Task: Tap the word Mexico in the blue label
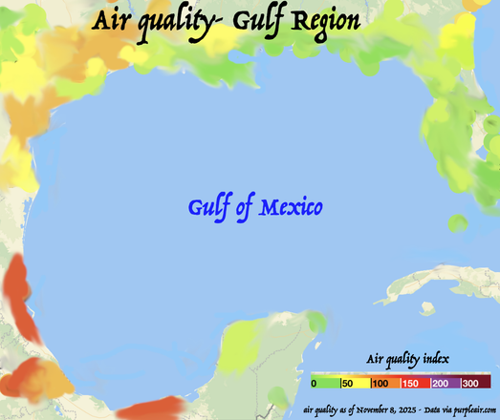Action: point(291,206)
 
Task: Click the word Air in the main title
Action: point(113,20)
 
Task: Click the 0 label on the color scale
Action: point(314,383)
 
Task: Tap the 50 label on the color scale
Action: point(348,383)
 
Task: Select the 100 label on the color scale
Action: point(380,383)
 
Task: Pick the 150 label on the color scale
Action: point(411,383)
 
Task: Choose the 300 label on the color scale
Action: point(472,383)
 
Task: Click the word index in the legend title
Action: point(437,359)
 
